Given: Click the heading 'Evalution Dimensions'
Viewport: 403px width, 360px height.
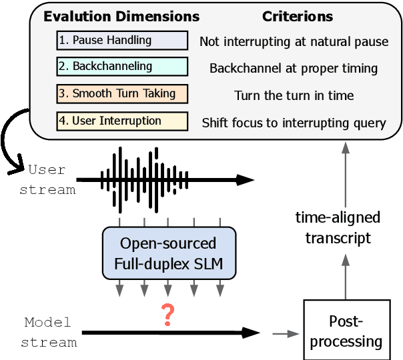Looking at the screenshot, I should tap(121, 16).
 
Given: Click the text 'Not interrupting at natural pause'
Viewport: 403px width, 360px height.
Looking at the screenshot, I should tap(294, 41).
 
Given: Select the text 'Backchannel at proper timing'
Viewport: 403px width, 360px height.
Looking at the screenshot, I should tap(294, 68).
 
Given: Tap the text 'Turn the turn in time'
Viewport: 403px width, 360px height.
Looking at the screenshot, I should tap(294, 95).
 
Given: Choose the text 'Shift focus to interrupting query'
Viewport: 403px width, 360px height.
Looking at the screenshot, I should tap(294, 123).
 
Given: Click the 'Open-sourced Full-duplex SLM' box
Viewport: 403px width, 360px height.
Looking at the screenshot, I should tap(169, 252).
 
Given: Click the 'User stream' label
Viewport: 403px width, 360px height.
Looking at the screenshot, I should tap(47, 179).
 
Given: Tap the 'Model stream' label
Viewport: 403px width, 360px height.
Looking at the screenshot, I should tap(47, 332).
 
